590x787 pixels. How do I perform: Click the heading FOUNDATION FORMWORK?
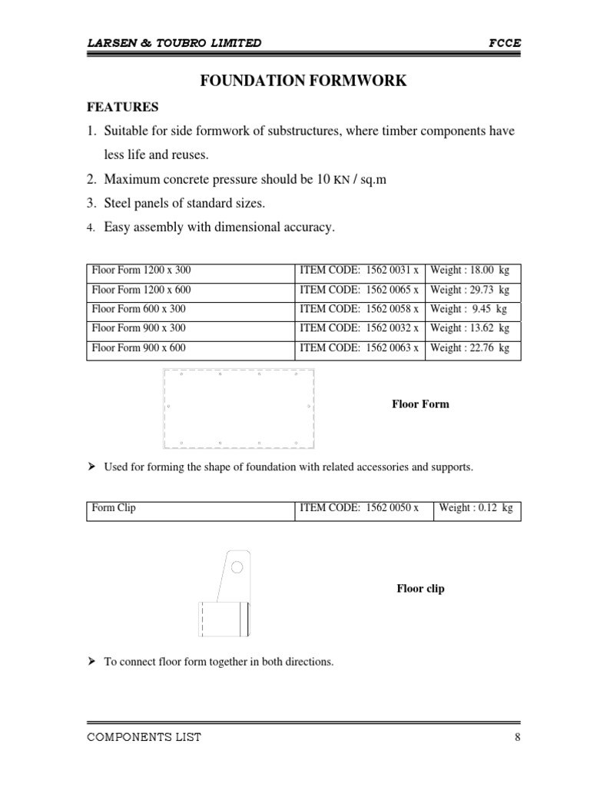pyautogui.click(x=303, y=81)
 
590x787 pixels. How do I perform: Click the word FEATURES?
pyautogui.click(x=123, y=107)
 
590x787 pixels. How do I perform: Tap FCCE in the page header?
pyautogui.click(x=505, y=43)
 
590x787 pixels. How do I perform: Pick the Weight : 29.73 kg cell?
pyautogui.click(x=470, y=290)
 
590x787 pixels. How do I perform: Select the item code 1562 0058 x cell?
pyautogui.click(x=359, y=309)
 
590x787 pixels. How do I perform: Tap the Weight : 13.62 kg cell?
pyautogui.click(x=470, y=328)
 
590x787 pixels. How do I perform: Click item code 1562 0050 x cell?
pyautogui.click(x=359, y=509)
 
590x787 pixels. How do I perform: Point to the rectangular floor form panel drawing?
pyautogui.click(x=239, y=408)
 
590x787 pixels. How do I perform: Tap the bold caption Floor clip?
pyautogui.click(x=420, y=589)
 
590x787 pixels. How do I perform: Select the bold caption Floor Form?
pyautogui.click(x=420, y=404)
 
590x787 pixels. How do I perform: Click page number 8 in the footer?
pyautogui.click(x=518, y=738)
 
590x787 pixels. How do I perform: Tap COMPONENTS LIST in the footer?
pyautogui.click(x=144, y=738)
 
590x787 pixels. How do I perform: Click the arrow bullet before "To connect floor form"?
pyautogui.click(x=91, y=660)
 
